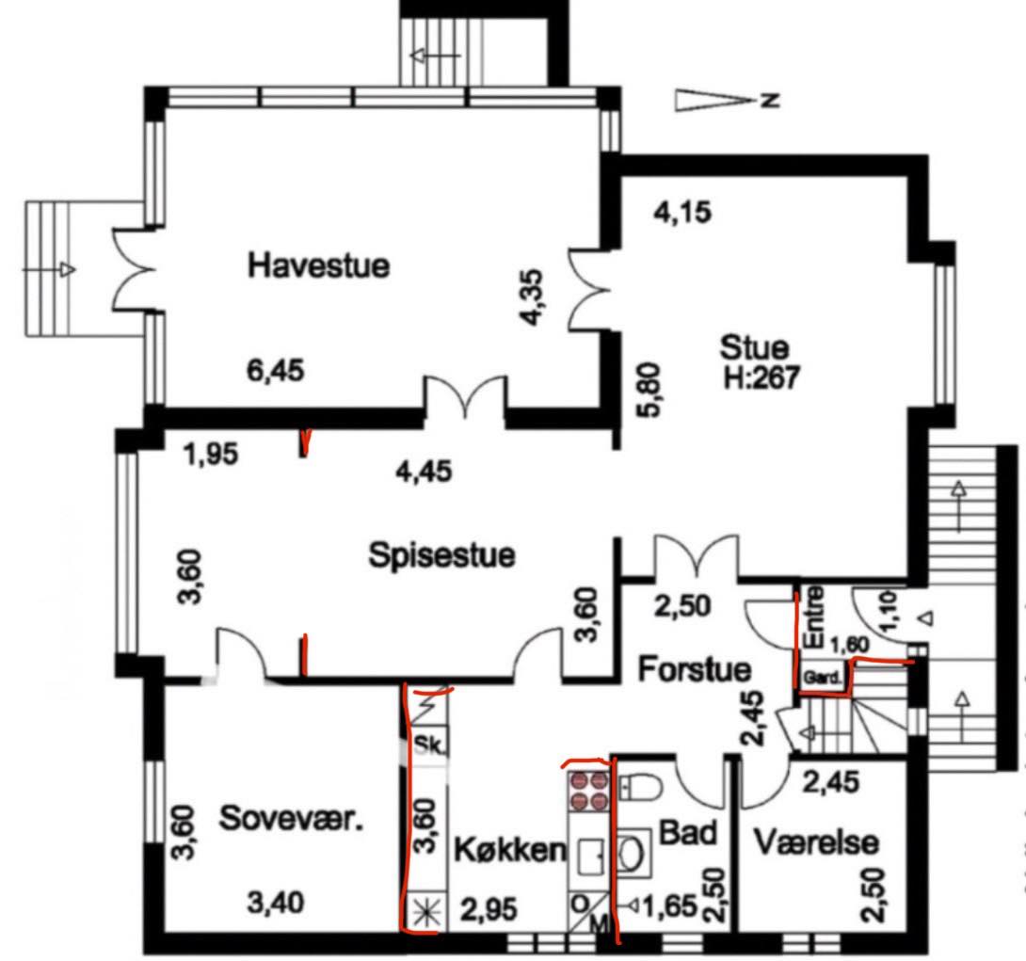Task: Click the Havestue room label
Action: [x=319, y=265]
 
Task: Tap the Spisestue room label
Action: [x=441, y=555]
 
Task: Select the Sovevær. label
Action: [x=291, y=818]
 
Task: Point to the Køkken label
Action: [x=510, y=849]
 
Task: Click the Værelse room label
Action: [x=816, y=842]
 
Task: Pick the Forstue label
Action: [x=695, y=669]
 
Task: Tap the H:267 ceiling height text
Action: [x=761, y=376]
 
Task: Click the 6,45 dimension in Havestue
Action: [x=276, y=370]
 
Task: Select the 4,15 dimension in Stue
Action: [x=682, y=213]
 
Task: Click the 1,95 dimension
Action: [x=212, y=454]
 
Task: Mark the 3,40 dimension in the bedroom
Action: [x=276, y=904]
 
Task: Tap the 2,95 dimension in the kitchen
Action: [x=489, y=909]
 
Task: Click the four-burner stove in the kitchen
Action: [x=588, y=790]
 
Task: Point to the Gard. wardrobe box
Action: [x=822, y=678]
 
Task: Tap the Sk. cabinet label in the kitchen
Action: [x=429, y=745]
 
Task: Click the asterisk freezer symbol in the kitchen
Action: [x=426, y=911]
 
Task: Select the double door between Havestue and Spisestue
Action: [x=465, y=397]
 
